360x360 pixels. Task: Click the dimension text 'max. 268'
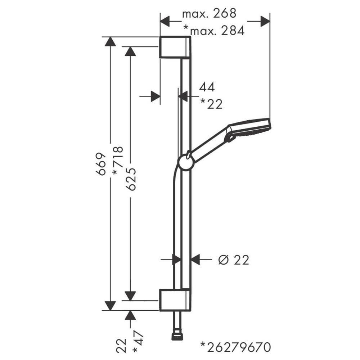tap(209, 13)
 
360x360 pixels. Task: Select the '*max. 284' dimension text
tap(214, 30)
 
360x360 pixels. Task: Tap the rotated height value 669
tap(101, 164)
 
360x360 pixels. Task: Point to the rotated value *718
tap(118, 161)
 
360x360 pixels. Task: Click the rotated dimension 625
tap(131, 179)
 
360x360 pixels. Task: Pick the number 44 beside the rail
tap(207, 87)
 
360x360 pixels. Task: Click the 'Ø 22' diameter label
tap(234, 260)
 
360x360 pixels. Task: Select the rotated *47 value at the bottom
tap(138, 342)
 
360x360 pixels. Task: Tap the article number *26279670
tap(235, 347)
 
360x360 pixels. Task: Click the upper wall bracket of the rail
tap(175, 47)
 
